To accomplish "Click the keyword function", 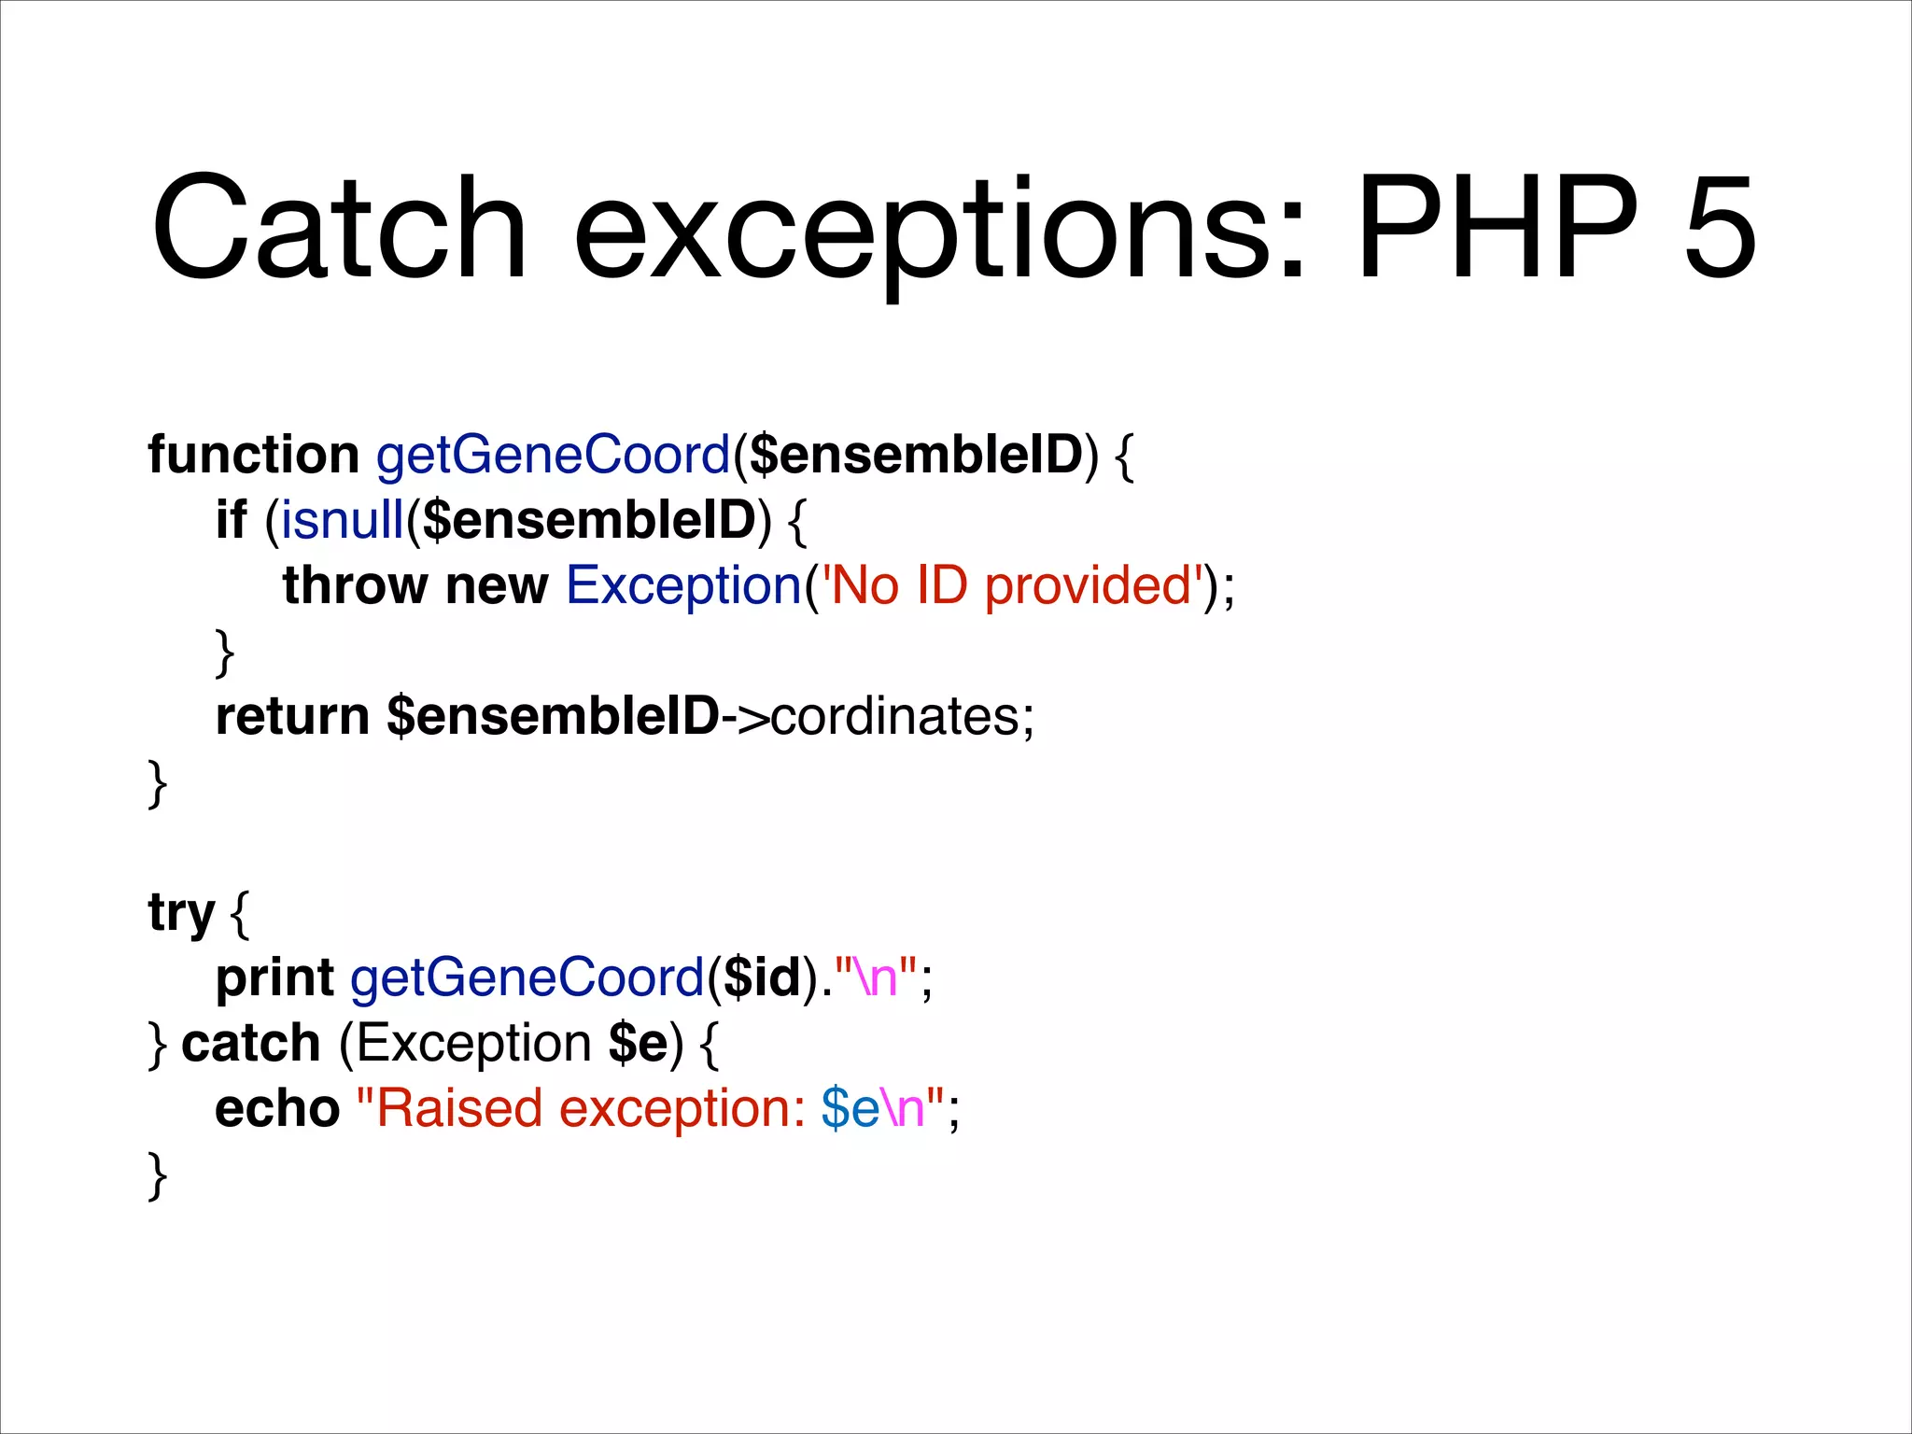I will (253, 455).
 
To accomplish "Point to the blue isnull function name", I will (342, 520).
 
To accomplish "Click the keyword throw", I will (355, 585).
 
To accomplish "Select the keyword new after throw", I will (497, 585).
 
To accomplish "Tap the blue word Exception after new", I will (684, 585).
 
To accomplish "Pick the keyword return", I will (292, 716).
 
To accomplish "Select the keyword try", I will (181, 914).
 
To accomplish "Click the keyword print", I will (274, 979).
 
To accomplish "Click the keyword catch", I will (250, 1043).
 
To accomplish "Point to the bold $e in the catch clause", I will (638, 1043).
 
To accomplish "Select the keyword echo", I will (277, 1108).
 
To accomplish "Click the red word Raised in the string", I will (458, 1108).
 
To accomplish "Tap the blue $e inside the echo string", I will (850, 1108).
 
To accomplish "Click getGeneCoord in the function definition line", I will (553, 457).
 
